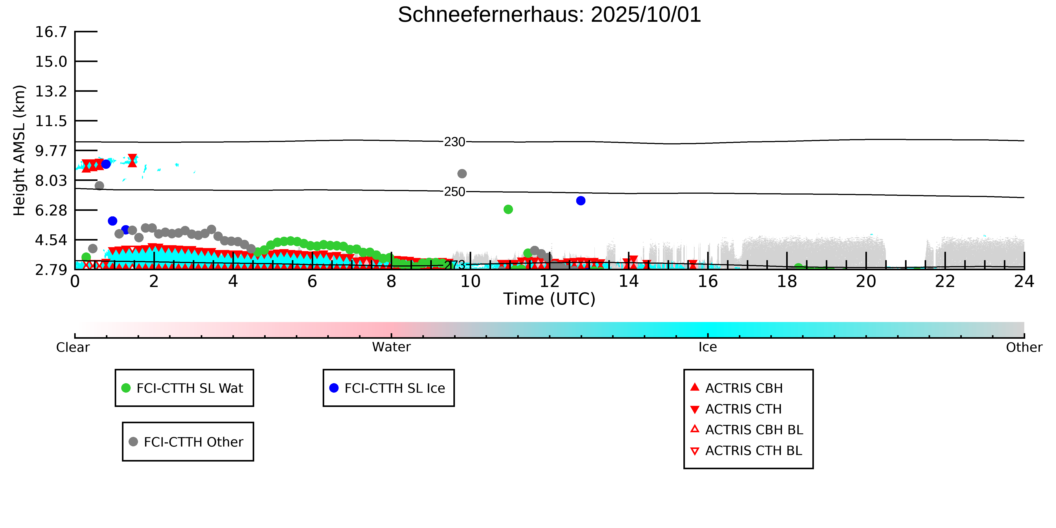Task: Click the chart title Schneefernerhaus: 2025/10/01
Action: [x=549, y=15]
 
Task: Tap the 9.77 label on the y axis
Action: [x=51, y=151]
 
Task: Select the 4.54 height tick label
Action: [x=51, y=240]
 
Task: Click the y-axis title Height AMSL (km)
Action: [x=19, y=151]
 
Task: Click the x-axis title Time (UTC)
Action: [x=549, y=299]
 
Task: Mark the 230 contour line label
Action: [x=455, y=142]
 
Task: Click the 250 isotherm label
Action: [x=455, y=192]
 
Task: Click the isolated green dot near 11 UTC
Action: [x=508, y=210]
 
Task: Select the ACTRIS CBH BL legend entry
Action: [x=753, y=430]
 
